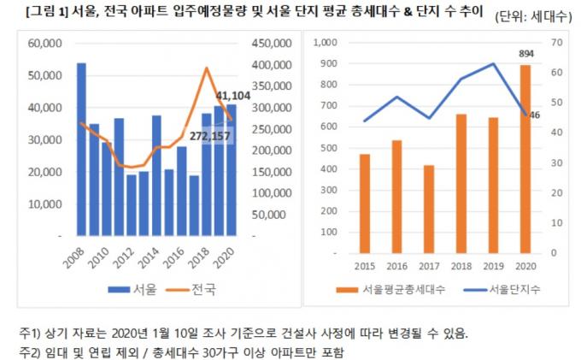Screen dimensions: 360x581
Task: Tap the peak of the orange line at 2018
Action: tap(206, 68)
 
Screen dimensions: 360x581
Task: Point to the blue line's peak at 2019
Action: tap(493, 63)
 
